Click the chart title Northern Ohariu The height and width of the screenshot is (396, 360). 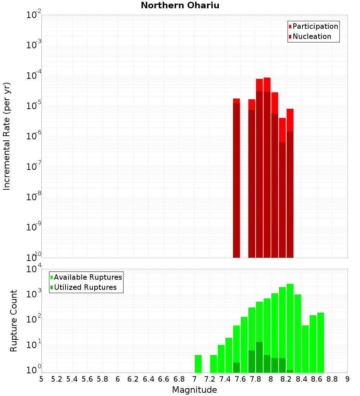point(180,5)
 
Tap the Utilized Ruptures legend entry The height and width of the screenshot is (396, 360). point(85,287)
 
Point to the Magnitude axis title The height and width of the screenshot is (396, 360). point(194,390)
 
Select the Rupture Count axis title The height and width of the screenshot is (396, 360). point(14,320)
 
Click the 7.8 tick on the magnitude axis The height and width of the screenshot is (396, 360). point(256,379)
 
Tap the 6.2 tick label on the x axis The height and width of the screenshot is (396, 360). point(133,379)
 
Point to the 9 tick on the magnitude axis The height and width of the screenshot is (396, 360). point(347,379)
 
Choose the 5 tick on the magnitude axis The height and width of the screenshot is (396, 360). point(41,379)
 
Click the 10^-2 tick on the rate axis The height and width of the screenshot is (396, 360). point(33,15)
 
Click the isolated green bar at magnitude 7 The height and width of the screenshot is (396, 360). point(198,364)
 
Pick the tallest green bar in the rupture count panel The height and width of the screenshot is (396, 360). point(290,328)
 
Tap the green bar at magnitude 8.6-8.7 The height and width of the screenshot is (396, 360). point(320,342)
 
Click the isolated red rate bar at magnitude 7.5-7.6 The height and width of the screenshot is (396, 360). point(237,180)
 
